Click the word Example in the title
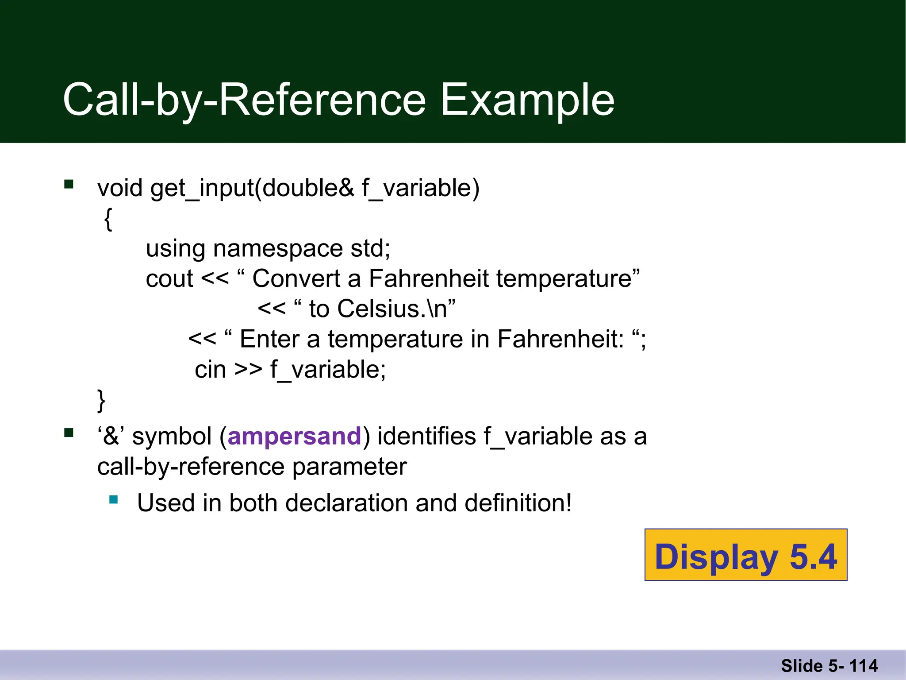(x=527, y=100)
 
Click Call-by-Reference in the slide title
(x=245, y=100)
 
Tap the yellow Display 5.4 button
(x=746, y=555)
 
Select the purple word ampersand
(x=295, y=437)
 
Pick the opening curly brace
(x=108, y=219)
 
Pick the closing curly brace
(x=101, y=400)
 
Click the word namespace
(x=278, y=248)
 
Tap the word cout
(x=169, y=279)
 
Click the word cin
(x=210, y=370)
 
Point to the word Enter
(x=269, y=340)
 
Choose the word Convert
(x=296, y=279)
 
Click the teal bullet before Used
(x=114, y=500)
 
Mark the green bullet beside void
(x=69, y=184)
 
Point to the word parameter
(x=349, y=467)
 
